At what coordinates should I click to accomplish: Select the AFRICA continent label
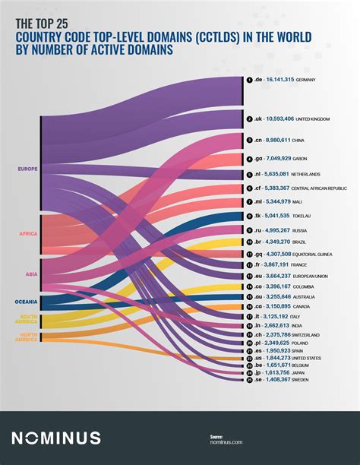(28, 233)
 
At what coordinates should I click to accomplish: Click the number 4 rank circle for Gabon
(249, 159)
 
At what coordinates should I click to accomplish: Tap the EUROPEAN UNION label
(315, 276)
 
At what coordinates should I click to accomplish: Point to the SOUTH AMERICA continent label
(28, 320)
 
